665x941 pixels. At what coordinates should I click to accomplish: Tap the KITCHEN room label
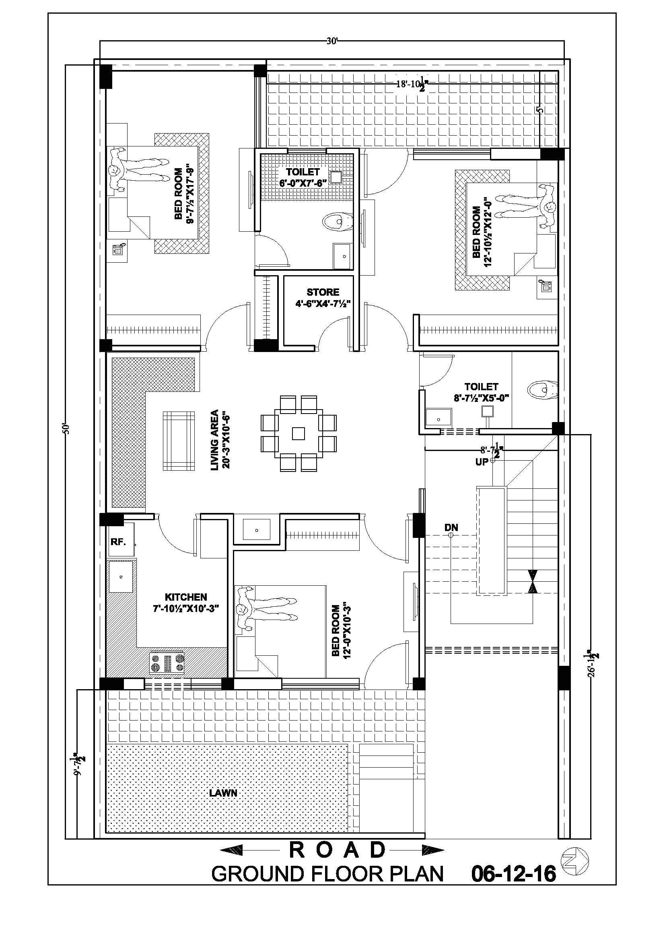coord(185,597)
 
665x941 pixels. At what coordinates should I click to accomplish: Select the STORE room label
coord(323,292)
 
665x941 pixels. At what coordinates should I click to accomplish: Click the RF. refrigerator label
coord(118,542)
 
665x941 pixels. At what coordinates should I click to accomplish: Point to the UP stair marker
coord(482,462)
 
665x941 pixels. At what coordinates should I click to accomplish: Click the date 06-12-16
coord(513,874)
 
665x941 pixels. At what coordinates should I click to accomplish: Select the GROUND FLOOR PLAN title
coord(327,874)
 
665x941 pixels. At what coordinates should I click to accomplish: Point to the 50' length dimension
coord(67,429)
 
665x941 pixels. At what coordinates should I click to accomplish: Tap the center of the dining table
coord(299,433)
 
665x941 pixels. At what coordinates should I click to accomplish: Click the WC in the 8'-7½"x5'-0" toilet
coord(541,389)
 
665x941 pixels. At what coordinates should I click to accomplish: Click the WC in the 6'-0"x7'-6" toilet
coord(337,222)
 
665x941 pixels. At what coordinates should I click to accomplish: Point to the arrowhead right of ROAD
coord(433,850)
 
